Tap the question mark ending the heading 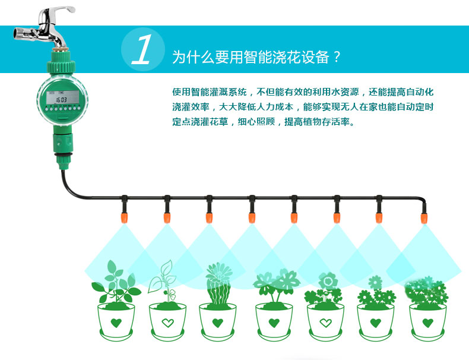tap(337, 58)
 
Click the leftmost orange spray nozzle tap(125, 218)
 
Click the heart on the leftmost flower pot tap(115, 323)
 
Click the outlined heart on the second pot tap(167, 323)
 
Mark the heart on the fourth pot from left tap(273, 323)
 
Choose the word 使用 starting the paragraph tap(180, 92)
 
